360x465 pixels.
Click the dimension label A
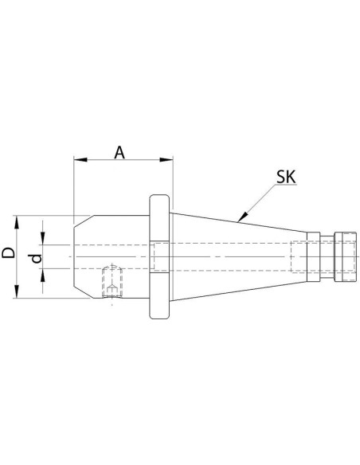coord(119,152)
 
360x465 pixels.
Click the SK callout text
coord(286,177)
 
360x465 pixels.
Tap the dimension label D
coord(8,253)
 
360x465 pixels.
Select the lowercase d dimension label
coord(37,258)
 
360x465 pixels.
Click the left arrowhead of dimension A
coord(80,160)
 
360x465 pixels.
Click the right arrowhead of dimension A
coord(166,160)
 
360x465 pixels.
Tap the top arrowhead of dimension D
coord(17,222)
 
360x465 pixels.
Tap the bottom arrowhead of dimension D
coord(17,291)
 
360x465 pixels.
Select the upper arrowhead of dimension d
coord(43,238)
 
